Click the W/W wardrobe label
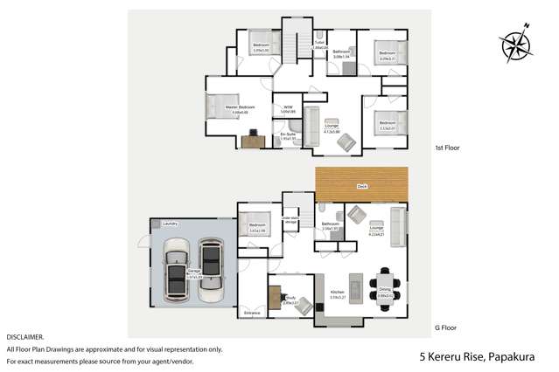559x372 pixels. (x=289, y=107)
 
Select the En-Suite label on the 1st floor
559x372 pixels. (x=288, y=134)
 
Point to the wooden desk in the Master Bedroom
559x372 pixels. (x=253, y=139)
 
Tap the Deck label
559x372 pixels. (x=361, y=186)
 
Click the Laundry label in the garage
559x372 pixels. (x=171, y=224)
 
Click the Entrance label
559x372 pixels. (x=252, y=312)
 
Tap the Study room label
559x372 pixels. (x=289, y=300)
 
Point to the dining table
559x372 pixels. (x=385, y=293)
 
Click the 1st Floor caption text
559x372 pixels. (x=446, y=148)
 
